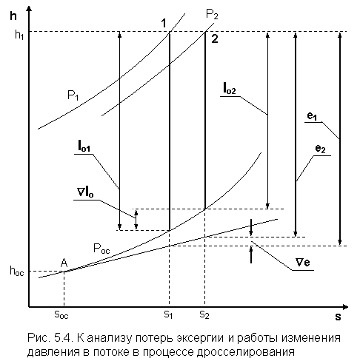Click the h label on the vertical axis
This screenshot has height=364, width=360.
click(13, 16)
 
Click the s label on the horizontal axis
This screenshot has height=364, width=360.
click(338, 317)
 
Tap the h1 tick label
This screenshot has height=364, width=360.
click(19, 35)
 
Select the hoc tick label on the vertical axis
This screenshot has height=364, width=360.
click(17, 271)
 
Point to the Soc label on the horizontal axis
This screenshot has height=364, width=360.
click(61, 314)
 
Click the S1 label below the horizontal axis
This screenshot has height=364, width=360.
click(168, 314)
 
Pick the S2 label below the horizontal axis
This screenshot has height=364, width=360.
click(204, 314)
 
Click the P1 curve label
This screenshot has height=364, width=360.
click(73, 95)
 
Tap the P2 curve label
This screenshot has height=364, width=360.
click(212, 14)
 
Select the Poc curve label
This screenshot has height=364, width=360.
click(101, 249)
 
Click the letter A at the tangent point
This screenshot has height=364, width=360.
click(64, 263)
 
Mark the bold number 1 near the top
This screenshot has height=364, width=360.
click(164, 23)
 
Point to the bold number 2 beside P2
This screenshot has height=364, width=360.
click(215, 39)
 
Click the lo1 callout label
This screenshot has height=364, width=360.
click(84, 146)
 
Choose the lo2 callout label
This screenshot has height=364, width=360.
click(230, 89)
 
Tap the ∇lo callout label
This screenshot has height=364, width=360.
click(85, 192)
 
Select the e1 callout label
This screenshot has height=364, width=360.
click(312, 116)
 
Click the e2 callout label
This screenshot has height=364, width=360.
click(321, 149)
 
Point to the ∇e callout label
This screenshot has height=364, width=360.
click(303, 262)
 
